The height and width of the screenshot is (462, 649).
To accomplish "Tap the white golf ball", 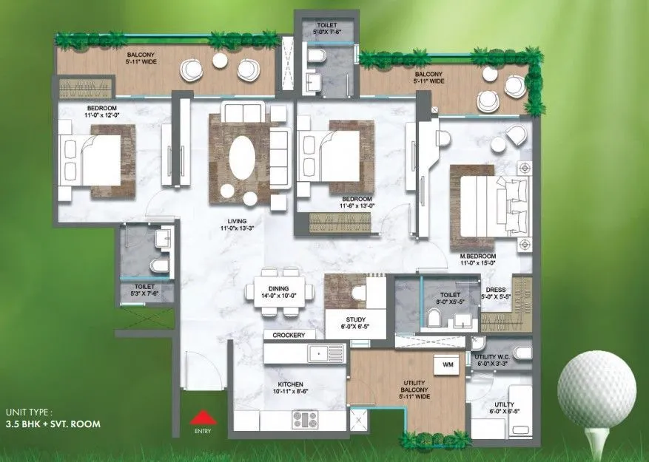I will pyautogui.click(x=596, y=389).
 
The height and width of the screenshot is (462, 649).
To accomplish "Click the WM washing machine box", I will pyautogui.click(x=448, y=365).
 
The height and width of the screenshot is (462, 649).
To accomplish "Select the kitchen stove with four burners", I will pyautogui.click(x=306, y=420).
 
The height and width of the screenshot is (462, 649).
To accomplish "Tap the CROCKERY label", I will pyautogui.click(x=289, y=335).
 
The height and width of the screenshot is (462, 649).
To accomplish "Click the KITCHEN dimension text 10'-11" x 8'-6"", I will pyautogui.click(x=294, y=393).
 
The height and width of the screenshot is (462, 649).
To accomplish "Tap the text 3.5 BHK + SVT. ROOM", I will pyautogui.click(x=53, y=424).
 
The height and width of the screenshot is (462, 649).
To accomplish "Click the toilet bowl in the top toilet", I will pyautogui.click(x=317, y=57).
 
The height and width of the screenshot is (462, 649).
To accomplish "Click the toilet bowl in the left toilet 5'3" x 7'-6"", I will pyautogui.click(x=158, y=265).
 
